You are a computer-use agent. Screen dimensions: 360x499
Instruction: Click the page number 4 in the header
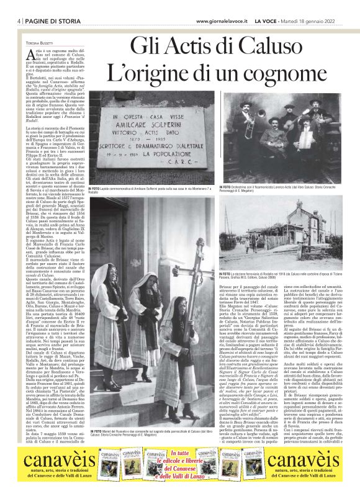pyautogui.click(x=12, y=21)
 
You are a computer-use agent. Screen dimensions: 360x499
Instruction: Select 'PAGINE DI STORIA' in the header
pyautogui.click(x=47, y=21)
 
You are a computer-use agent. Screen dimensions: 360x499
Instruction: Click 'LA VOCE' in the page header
pyautogui.click(x=271, y=21)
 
